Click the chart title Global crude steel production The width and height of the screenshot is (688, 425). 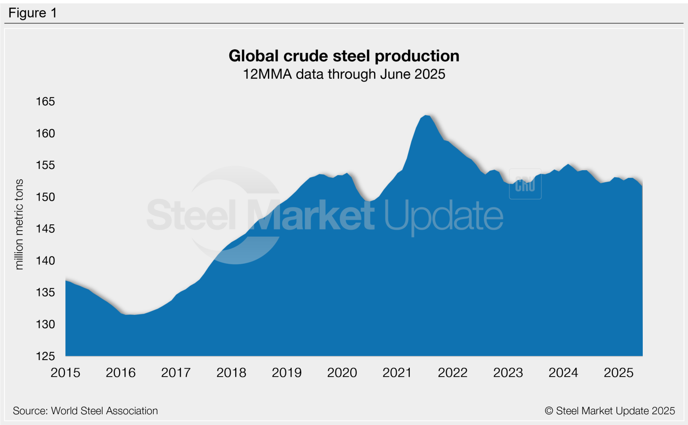pos(344,56)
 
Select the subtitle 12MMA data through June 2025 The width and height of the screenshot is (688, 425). pos(344,74)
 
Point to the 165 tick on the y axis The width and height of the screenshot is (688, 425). pos(45,102)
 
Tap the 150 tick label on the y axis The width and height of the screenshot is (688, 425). pos(45,197)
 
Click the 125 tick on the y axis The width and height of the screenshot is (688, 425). pos(45,356)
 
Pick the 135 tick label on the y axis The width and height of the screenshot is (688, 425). pos(45,292)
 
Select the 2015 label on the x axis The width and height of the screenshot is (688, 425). pos(65,373)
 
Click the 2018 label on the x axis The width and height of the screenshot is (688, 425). pos(231,373)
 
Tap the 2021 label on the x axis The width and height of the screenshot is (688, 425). pos(397,373)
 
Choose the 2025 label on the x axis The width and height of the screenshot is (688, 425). pos(619,373)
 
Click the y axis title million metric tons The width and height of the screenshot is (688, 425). pos(19,224)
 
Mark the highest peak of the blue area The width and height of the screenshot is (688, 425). pos(426,116)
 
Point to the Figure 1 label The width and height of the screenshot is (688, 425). pos(33,13)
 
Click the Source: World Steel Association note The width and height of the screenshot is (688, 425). pos(85,411)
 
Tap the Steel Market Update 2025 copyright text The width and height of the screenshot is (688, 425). pos(610,411)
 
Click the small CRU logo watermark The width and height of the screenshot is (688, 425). pos(525,185)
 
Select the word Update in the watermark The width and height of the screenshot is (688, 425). pos(443,217)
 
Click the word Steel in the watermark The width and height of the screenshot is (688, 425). pos(191,216)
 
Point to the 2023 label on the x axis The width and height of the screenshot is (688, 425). pos(508,373)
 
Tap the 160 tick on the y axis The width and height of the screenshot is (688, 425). pos(45,133)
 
